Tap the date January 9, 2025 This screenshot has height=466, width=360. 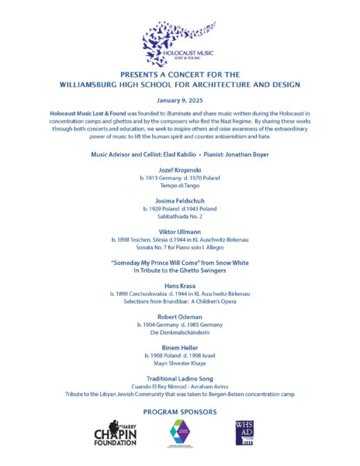click(x=179, y=99)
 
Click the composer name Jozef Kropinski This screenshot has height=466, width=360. click(x=179, y=169)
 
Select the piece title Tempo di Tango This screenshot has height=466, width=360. click(x=179, y=186)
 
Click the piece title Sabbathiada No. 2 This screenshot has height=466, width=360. click(x=179, y=217)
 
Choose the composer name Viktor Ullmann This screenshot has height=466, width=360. click(x=179, y=231)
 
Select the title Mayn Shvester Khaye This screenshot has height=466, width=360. click(x=179, y=363)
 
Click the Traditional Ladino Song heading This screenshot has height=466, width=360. click(x=179, y=378)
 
